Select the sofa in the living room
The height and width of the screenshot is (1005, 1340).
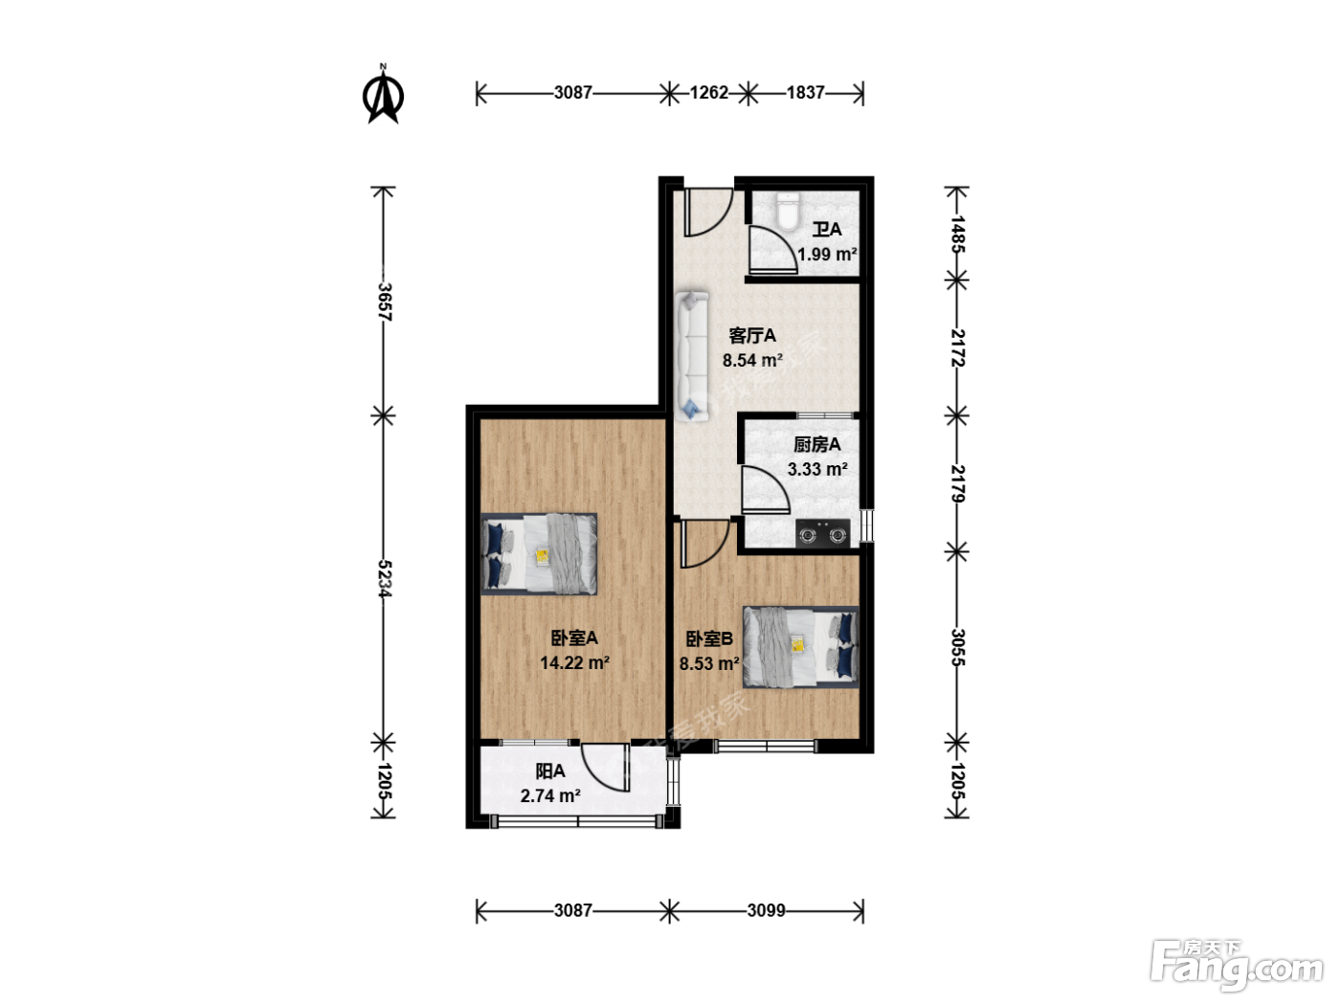692,356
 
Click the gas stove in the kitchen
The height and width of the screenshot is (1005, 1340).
822,533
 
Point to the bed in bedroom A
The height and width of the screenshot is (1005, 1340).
539,553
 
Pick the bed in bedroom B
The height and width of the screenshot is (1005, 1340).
800,647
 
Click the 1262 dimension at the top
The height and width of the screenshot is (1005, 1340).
709,93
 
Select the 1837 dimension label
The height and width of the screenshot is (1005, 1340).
805,93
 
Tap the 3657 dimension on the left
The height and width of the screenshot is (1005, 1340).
384,301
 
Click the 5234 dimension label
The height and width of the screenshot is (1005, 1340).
384,578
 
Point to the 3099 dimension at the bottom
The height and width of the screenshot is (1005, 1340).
766,910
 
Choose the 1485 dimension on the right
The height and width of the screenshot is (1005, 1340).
957,234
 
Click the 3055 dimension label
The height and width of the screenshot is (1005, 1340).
957,647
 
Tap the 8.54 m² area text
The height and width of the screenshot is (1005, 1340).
752,360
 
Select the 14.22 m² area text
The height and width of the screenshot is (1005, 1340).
574,662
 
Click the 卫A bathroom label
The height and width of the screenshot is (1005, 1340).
827,230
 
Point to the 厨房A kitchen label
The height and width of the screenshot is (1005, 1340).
816,444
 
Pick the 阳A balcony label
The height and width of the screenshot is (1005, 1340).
550,771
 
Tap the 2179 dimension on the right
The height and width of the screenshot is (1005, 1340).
957,484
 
